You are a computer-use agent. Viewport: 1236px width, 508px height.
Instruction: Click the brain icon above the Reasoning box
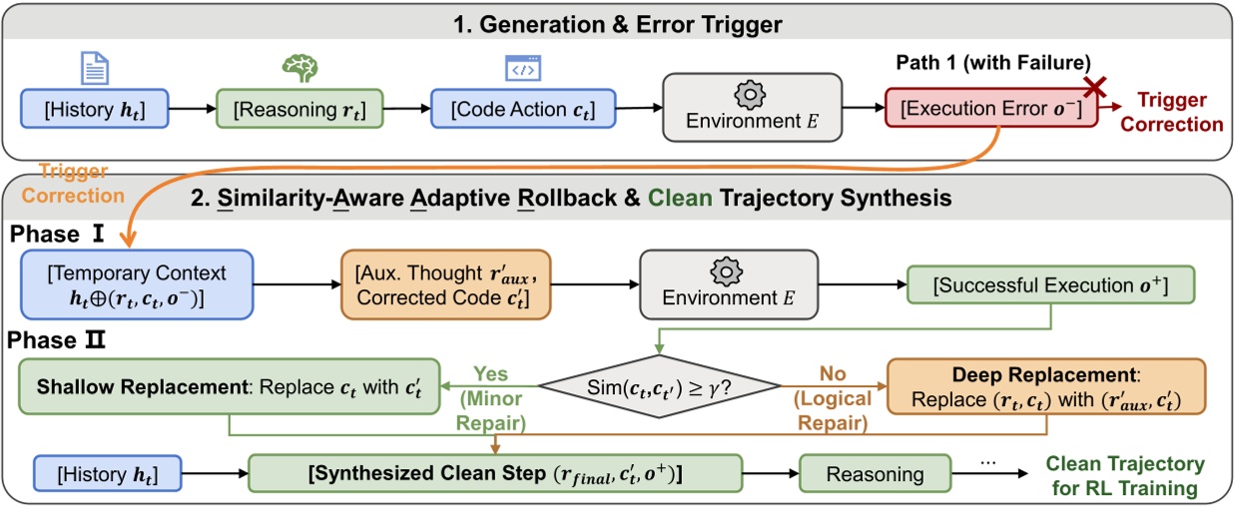[x=300, y=67]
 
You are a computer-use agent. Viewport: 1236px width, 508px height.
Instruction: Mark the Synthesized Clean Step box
[x=495, y=471]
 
